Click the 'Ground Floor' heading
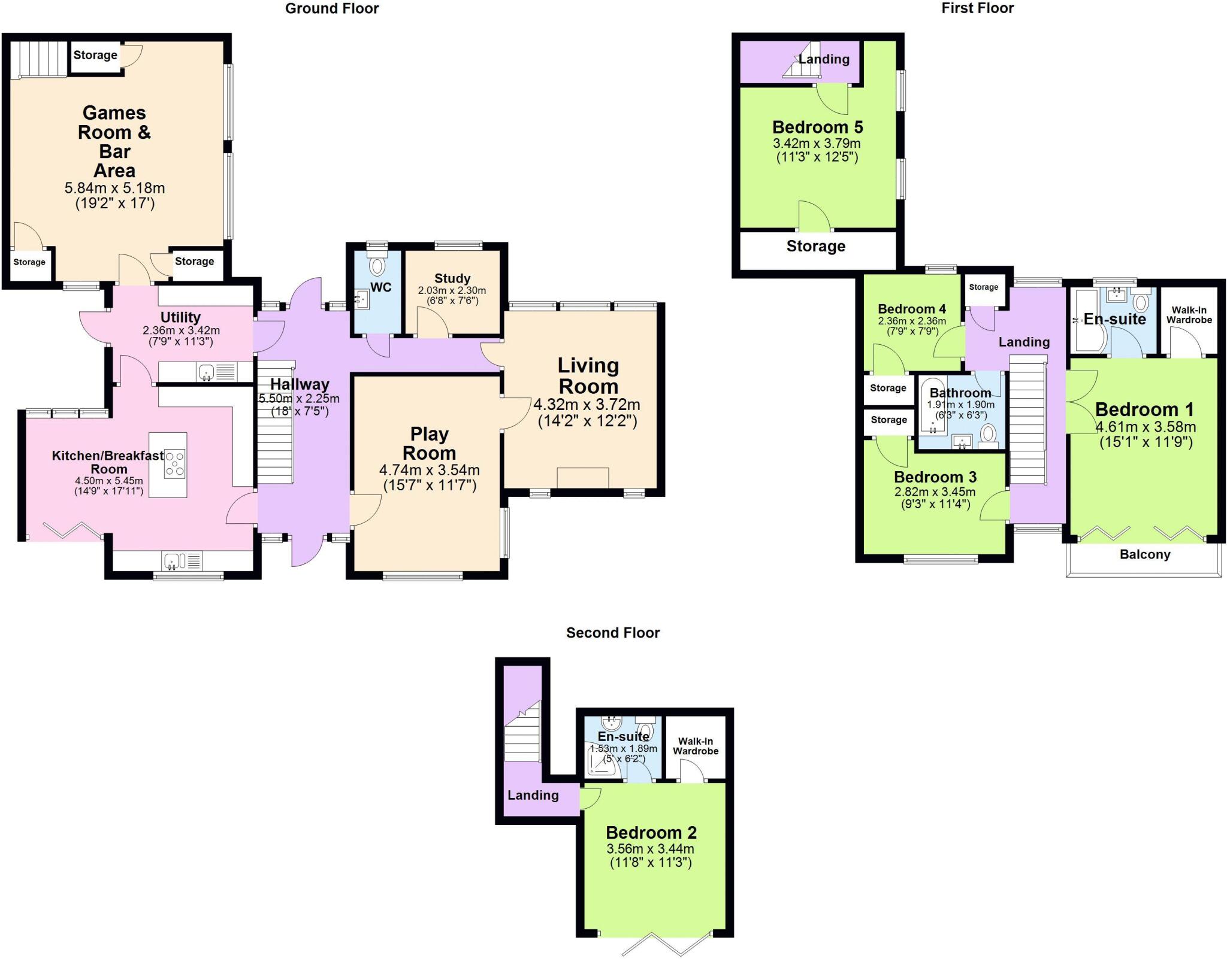pos(331,8)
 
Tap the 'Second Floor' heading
pos(612,633)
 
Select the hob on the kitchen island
pos(175,464)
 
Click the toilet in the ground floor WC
pos(377,266)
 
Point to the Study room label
pos(452,278)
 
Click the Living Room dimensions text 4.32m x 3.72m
pos(587,405)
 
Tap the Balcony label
pos(1144,554)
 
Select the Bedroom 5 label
pos(817,128)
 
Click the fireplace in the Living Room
pos(582,478)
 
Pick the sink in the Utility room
pos(206,372)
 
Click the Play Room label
pos(429,443)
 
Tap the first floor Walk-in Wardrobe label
pos(1189,315)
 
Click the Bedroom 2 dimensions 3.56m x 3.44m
pos(650,849)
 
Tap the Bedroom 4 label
pos(911,309)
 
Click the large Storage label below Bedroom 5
pos(815,247)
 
